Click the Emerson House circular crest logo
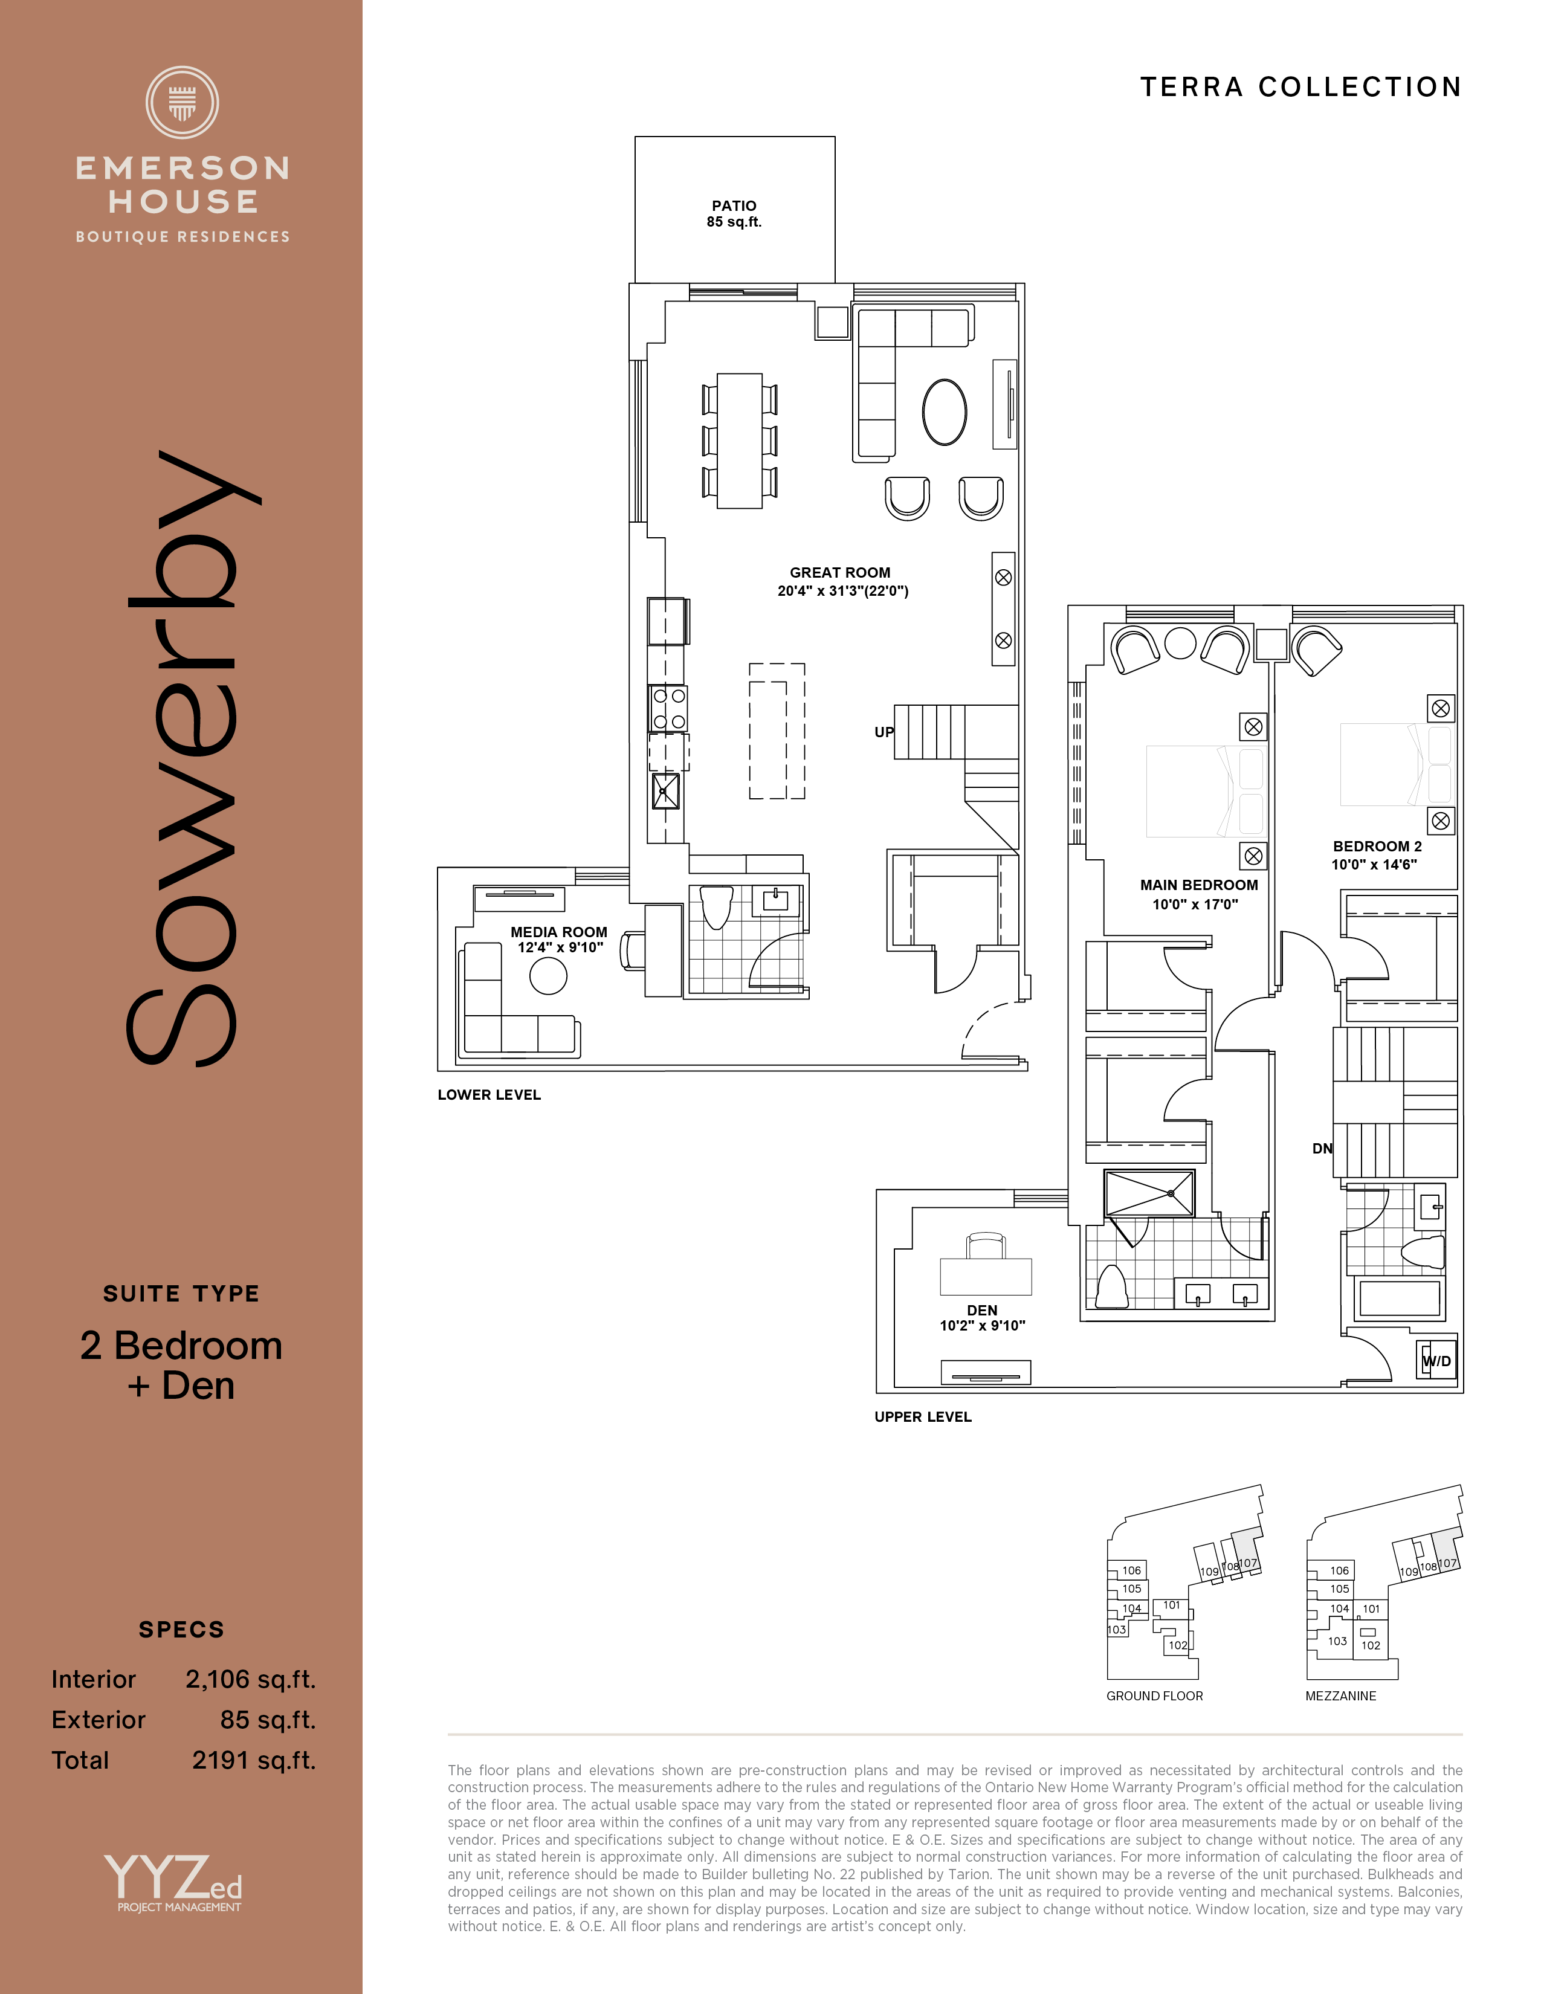182,102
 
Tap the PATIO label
734,206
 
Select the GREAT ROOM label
840,572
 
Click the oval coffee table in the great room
944,411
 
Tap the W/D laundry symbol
1436,1360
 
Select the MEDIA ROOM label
559,932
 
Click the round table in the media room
548,975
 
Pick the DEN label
982,1310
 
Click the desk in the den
986,1276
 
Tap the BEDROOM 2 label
1377,847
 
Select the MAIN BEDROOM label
1199,885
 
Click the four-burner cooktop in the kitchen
668,709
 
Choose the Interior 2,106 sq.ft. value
251,1680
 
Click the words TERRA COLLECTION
1301,87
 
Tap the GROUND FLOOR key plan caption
1155,1696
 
